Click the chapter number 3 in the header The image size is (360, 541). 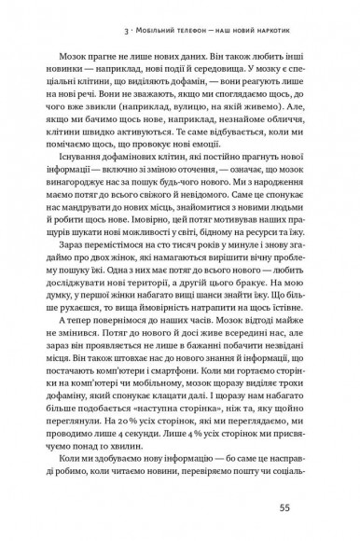(112, 21)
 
